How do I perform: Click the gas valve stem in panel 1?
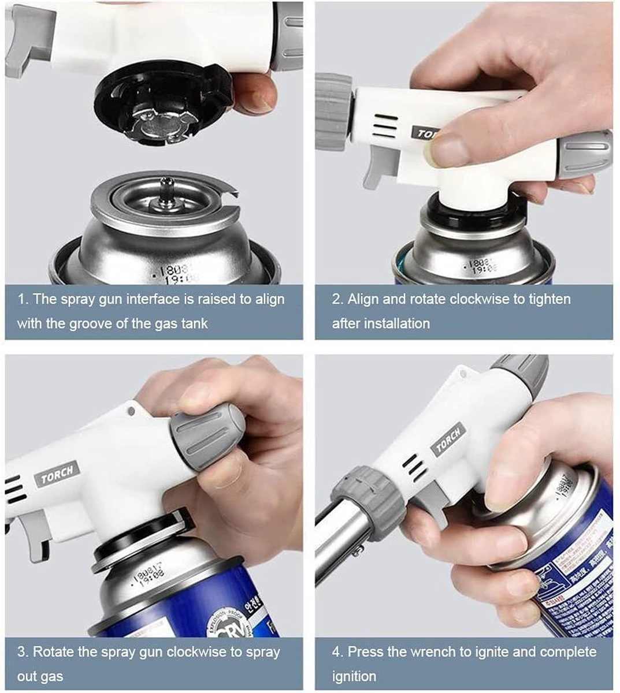point(166,191)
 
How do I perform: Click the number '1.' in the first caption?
point(23,299)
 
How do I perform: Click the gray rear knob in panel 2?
point(584,154)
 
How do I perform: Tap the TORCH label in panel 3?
point(57,474)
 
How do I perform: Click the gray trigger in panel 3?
point(36,537)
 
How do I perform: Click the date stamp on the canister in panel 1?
point(173,273)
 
